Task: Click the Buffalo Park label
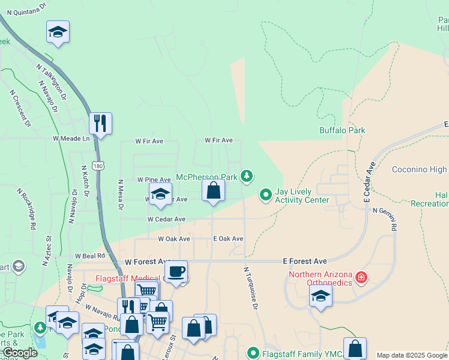click(x=342, y=130)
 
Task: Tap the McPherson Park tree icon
click(x=246, y=176)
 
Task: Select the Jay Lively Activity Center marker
click(x=265, y=194)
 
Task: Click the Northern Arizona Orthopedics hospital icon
click(x=361, y=277)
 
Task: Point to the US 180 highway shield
click(x=98, y=164)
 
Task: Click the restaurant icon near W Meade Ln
click(x=100, y=123)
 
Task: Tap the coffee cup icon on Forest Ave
click(x=176, y=271)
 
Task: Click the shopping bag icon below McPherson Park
click(x=213, y=191)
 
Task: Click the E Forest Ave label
click(x=305, y=262)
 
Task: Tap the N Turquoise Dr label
click(x=250, y=288)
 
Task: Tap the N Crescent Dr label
click(x=20, y=109)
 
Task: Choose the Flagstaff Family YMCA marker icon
click(x=253, y=353)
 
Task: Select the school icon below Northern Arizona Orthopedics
click(x=321, y=295)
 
